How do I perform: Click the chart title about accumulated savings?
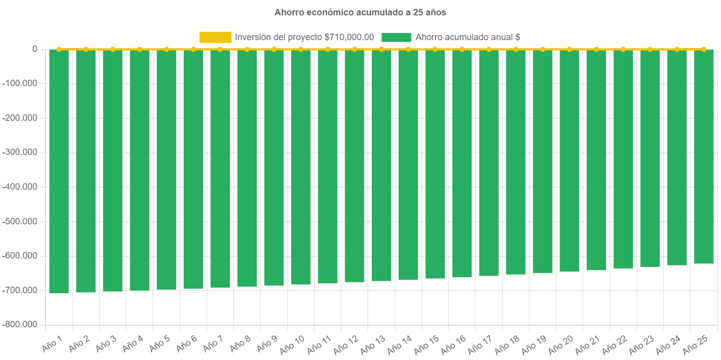point(360,12)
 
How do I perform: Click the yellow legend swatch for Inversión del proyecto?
point(215,37)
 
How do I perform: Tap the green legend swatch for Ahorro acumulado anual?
point(396,37)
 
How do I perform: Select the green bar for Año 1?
point(59,171)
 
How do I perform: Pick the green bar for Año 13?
point(381,165)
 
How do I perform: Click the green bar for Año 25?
point(704,156)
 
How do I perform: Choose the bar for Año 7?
point(220,168)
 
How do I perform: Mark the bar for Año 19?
point(543,161)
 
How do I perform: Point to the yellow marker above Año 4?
point(140,49)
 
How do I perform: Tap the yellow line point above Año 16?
point(462,49)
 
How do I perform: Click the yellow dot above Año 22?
point(623,49)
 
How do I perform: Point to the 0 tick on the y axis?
point(35,49)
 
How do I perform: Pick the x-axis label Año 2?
point(79,343)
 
